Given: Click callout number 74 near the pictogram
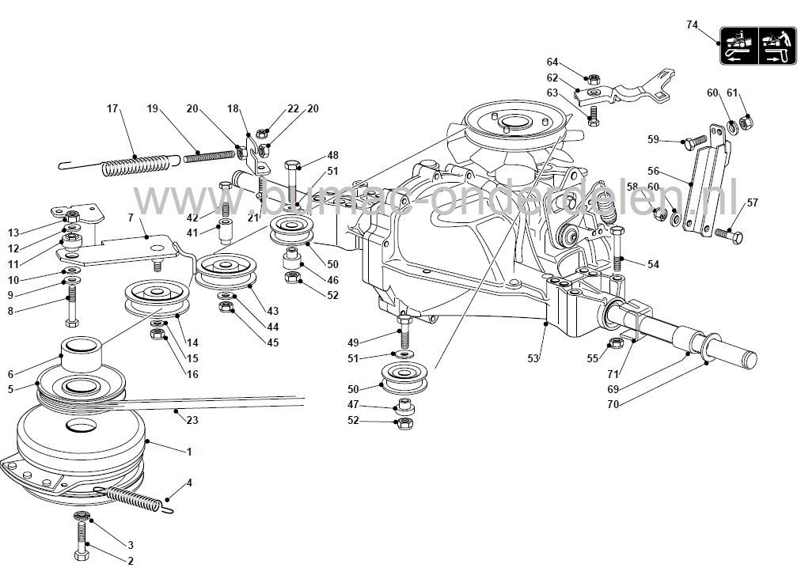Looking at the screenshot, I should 692,25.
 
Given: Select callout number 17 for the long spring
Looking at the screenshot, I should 112,109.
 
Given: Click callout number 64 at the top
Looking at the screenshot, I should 552,62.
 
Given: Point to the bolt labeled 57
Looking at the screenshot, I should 730,233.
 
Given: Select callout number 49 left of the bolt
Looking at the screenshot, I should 354,342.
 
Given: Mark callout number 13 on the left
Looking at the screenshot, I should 13,232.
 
